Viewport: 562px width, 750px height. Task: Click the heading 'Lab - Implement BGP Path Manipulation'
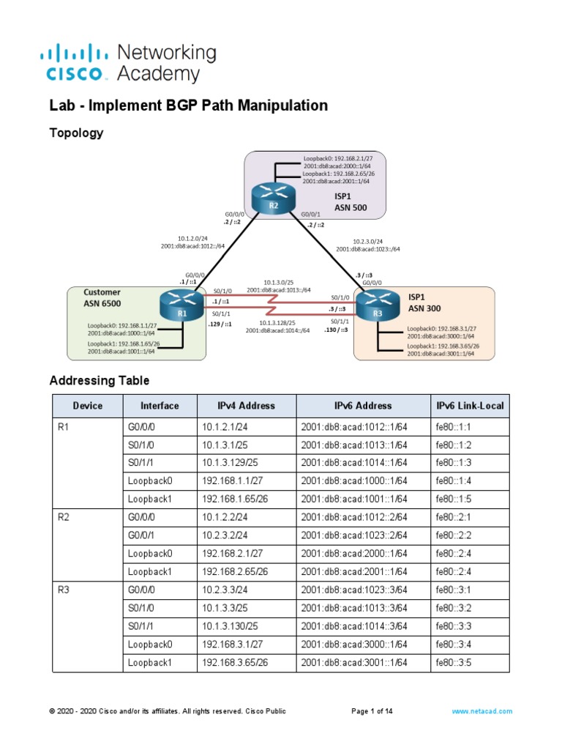coord(188,105)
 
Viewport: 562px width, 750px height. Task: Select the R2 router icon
coord(273,197)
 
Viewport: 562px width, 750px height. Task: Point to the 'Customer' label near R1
coord(102,292)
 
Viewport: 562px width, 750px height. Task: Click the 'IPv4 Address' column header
coord(246,406)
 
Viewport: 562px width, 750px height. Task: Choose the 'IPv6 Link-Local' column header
coord(470,406)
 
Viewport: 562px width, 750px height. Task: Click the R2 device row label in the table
coord(64,516)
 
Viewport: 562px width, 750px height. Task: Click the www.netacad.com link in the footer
coord(482,711)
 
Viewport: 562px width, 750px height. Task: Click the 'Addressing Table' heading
coord(99,380)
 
